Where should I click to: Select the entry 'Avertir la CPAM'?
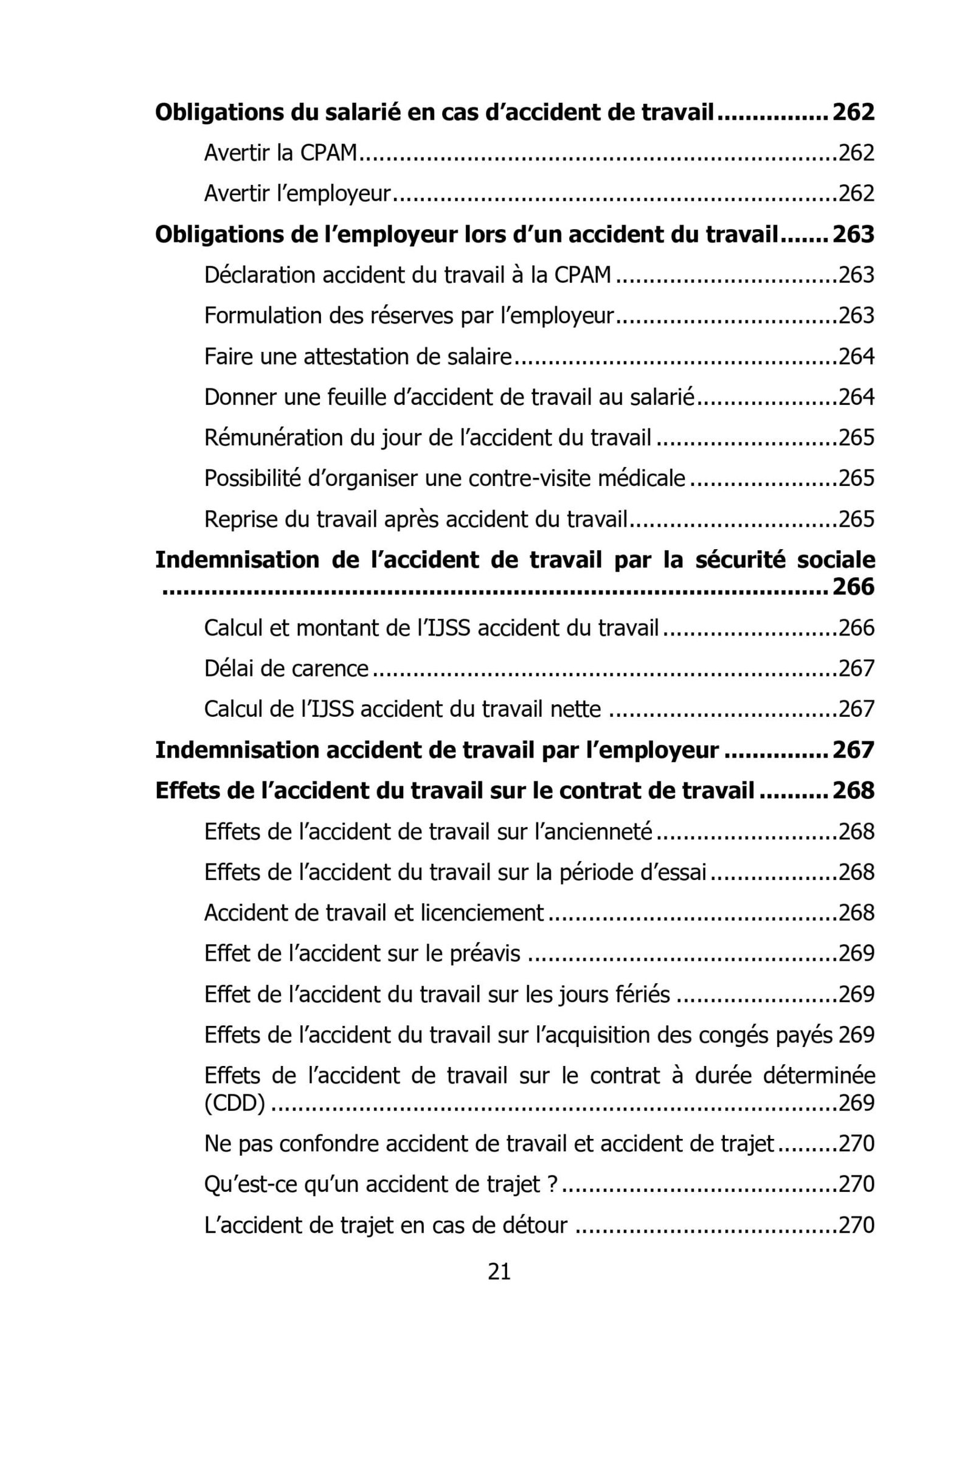(x=280, y=153)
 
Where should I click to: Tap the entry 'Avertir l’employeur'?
(x=297, y=193)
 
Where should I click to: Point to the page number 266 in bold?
(x=853, y=587)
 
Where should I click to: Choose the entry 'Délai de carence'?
(x=286, y=669)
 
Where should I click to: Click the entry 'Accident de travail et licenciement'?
(x=373, y=913)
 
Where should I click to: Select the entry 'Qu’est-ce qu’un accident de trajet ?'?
(x=379, y=1185)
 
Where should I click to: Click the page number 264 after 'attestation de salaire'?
(x=856, y=357)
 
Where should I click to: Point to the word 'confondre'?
(x=329, y=1144)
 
